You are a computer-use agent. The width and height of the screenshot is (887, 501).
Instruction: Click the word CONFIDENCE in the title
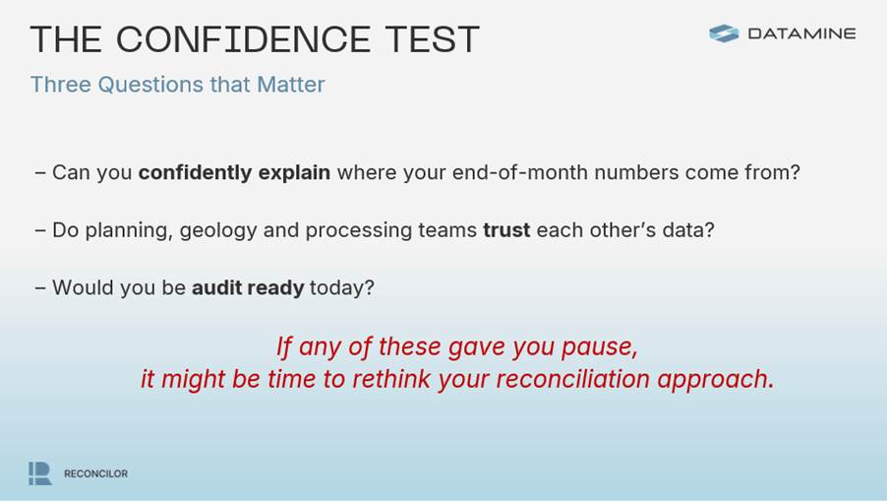(x=243, y=39)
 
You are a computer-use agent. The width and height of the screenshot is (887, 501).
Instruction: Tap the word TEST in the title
(x=433, y=39)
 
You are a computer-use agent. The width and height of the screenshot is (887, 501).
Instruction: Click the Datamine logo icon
(x=724, y=33)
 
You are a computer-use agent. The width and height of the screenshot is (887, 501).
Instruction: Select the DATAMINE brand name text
(x=801, y=34)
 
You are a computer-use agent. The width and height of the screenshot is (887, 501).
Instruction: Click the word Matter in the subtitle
(x=291, y=85)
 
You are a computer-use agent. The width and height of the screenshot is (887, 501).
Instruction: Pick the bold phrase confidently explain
(x=234, y=172)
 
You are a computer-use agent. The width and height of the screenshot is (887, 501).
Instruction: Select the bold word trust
(x=506, y=230)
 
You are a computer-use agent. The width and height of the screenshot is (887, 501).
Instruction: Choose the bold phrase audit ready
(x=248, y=288)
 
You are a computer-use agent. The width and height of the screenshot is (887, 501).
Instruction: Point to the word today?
(x=341, y=288)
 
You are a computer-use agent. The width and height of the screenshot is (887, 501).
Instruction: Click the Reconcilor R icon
(x=40, y=473)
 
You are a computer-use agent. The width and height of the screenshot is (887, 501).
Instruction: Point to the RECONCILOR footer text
(x=95, y=473)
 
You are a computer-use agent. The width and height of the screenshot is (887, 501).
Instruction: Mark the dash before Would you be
(x=40, y=288)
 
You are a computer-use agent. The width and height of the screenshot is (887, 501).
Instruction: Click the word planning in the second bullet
(x=129, y=231)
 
